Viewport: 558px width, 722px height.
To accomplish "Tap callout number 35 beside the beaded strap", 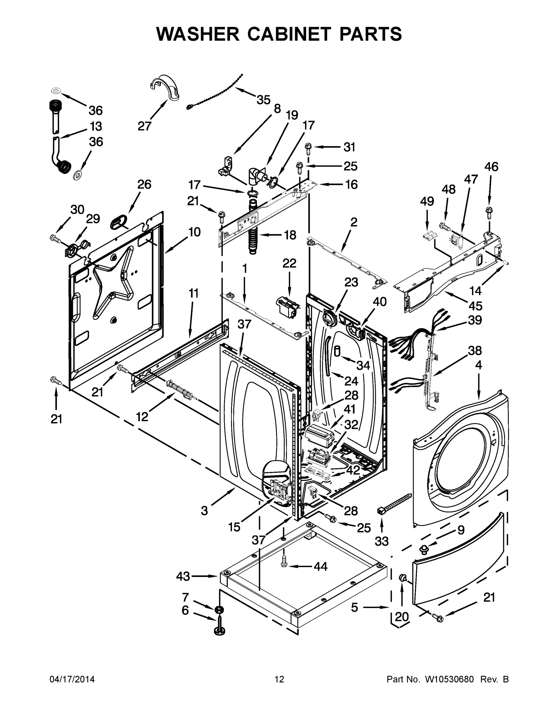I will (263, 100).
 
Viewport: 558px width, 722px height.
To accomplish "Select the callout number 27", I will (144, 126).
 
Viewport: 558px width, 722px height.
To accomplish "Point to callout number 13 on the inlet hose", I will (96, 126).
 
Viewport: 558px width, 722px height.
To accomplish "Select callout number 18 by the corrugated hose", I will (290, 235).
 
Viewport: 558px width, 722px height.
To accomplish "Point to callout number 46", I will (491, 167).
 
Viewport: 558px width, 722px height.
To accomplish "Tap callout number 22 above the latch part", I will (289, 264).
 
